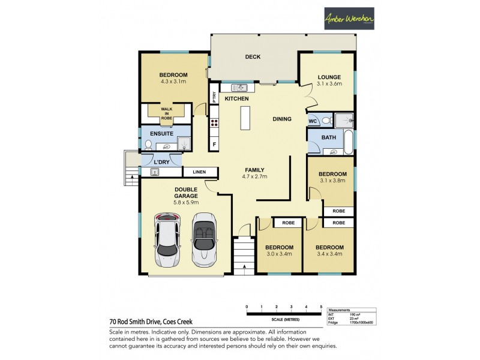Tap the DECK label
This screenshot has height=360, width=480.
click(252, 58)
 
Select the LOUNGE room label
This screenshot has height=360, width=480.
click(329, 77)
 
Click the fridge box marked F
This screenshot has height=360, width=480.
click(214, 144)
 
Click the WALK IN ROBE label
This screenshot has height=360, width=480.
click(166, 113)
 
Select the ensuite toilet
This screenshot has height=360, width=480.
click(148, 145)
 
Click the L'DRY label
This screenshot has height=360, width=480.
click(160, 163)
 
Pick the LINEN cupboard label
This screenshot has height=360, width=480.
click(199, 172)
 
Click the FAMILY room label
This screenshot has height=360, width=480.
click(254, 169)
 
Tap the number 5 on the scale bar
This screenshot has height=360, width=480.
click(322, 307)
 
